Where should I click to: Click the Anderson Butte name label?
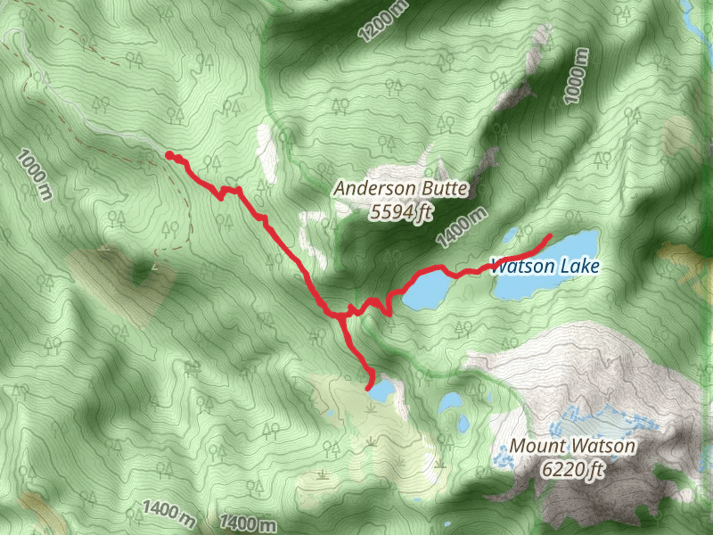pyautogui.click(x=400, y=188)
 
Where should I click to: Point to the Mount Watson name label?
pyautogui.click(x=572, y=446)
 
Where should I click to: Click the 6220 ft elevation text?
pyautogui.click(x=572, y=468)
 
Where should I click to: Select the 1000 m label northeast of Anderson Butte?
pyautogui.click(x=578, y=77)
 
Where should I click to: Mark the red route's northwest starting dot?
pyautogui.click(x=169, y=155)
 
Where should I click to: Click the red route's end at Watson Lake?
pyautogui.click(x=548, y=236)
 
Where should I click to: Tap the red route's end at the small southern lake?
pyautogui.click(x=369, y=386)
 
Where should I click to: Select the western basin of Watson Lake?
pyautogui.click(x=428, y=290)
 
